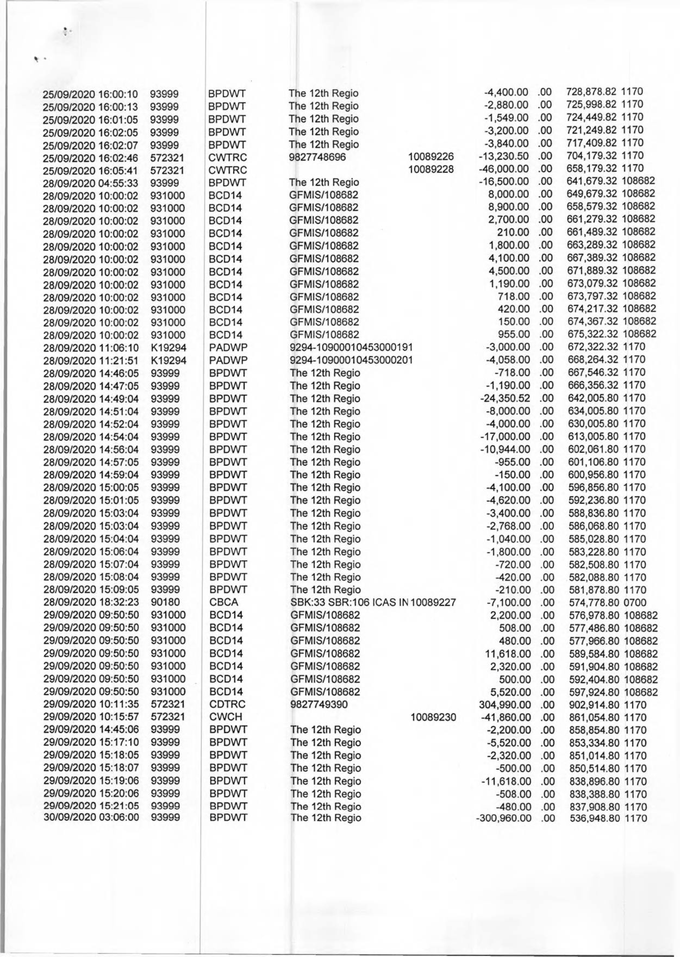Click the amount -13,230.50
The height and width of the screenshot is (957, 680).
coord(506,156)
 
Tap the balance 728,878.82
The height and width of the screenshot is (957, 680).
coord(592,92)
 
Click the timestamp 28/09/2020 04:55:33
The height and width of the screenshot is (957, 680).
coord(91,183)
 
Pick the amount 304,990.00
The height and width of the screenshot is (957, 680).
coord(505,705)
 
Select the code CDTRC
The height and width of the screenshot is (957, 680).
coord(227,705)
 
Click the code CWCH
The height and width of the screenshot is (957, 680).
coord(225,717)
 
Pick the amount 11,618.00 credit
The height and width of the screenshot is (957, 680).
coord(508,654)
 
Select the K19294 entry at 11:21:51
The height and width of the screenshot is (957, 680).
coord(168,360)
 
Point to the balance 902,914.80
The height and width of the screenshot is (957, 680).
coord(595,705)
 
